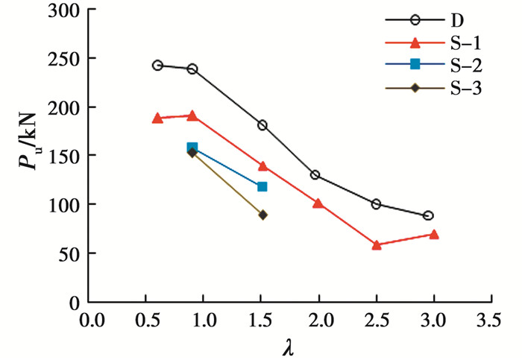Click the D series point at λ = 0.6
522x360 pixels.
157,66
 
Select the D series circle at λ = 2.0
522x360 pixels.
315,175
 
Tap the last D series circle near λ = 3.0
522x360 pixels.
428,215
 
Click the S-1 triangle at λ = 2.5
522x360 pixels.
377,244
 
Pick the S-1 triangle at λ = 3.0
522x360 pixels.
433,234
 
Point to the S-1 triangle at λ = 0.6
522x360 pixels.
157,118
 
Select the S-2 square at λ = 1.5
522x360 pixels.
262,186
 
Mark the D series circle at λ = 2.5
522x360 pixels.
376,203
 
